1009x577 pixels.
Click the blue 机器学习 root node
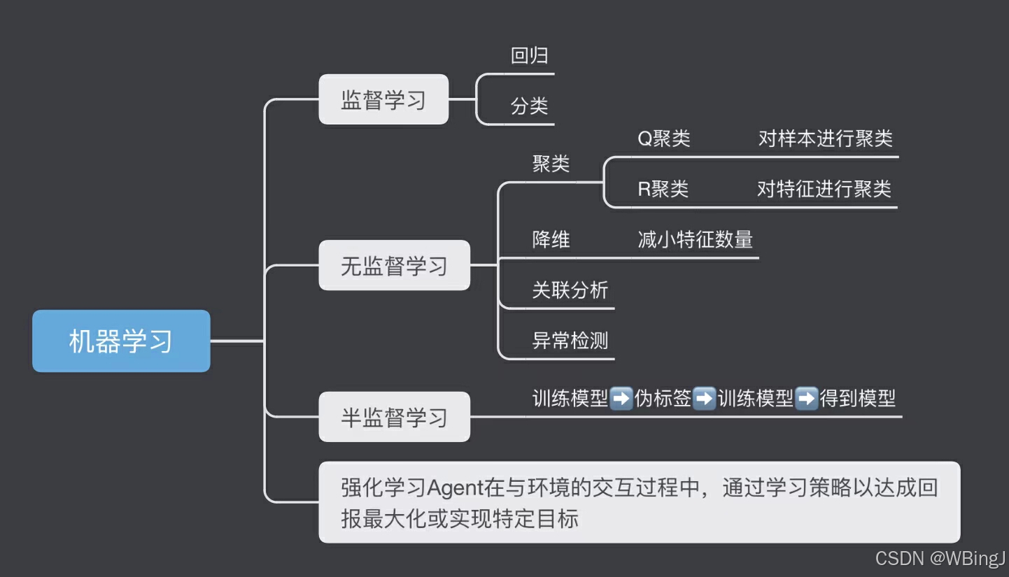click(121, 341)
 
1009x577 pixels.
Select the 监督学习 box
click(383, 100)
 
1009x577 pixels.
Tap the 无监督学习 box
click(394, 266)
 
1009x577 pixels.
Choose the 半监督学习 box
click(394, 418)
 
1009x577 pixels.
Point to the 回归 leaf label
click(529, 56)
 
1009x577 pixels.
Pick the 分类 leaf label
click(529, 106)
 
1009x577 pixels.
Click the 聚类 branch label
click(551, 164)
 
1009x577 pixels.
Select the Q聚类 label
click(663, 138)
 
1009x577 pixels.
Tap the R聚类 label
click(663, 189)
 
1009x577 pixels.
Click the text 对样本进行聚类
click(826, 138)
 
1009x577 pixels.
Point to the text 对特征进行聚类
click(824, 189)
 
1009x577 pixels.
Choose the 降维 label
click(551, 240)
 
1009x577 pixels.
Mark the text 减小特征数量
click(695, 240)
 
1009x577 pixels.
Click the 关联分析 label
click(570, 290)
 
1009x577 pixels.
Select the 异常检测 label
click(570, 341)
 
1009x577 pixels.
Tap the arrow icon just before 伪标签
click(621, 399)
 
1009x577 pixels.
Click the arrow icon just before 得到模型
click(807, 399)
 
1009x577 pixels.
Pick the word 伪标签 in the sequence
click(663, 399)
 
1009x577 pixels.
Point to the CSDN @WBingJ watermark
click(940, 558)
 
